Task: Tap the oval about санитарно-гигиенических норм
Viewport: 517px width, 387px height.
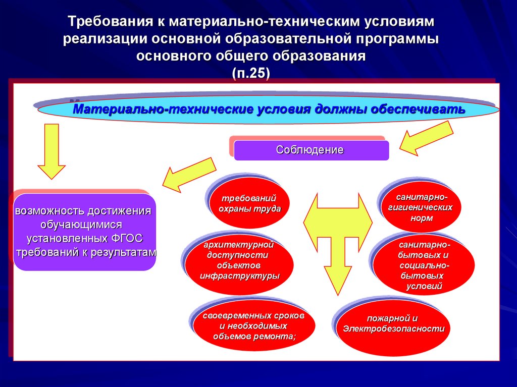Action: (421, 207)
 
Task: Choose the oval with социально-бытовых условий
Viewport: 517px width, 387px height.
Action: (424, 265)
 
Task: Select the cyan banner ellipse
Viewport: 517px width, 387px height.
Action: (268, 109)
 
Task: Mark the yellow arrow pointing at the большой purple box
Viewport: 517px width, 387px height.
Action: (189, 175)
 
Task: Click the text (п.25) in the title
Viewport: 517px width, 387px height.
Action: (251, 72)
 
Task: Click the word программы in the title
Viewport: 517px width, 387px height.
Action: (399, 39)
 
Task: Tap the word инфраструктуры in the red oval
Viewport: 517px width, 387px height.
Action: (239, 276)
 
